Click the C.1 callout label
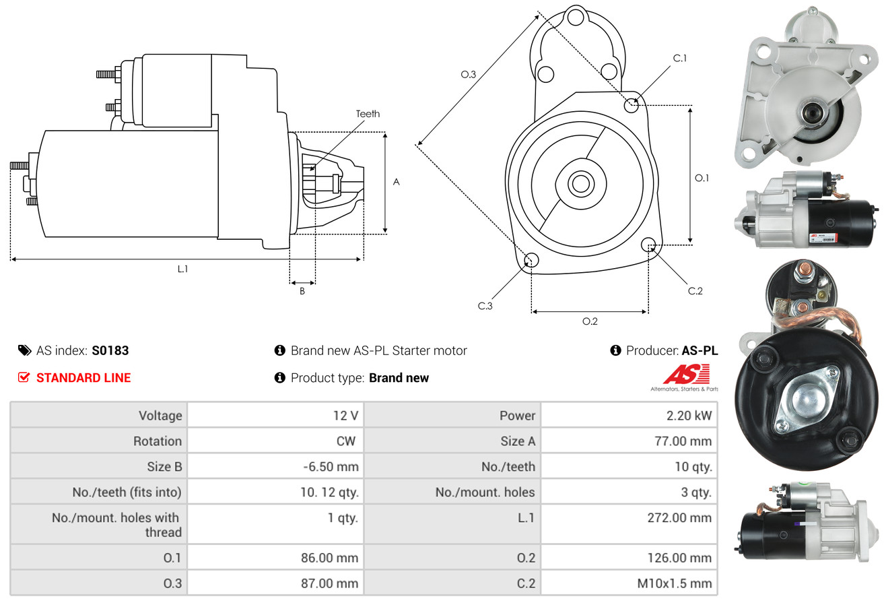pyautogui.click(x=680, y=58)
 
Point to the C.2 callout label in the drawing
pyautogui.click(x=695, y=291)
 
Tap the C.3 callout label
pyautogui.click(x=485, y=306)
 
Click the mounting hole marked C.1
pyautogui.click(x=632, y=105)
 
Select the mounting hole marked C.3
pyautogui.click(x=531, y=260)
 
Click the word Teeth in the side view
pyautogui.click(x=368, y=114)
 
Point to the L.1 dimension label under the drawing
pyautogui.click(x=182, y=269)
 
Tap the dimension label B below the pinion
pyautogui.click(x=302, y=291)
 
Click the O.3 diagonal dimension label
pyautogui.click(x=469, y=75)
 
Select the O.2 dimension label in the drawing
pyautogui.click(x=590, y=321)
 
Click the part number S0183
pyautogui.click(x=110, y=350)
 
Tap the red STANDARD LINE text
pyautogui.click(x=83, y=378)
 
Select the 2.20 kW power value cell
pyautogui.click(x=629, y=416)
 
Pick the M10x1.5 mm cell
pyautogui.click(x=629, y=583)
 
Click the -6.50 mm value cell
pyautogui.click(x=275, y=466)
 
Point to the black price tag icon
pyautogui.click(x=24, y=350)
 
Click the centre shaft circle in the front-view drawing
pyautogui.click(x=578, y=183)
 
